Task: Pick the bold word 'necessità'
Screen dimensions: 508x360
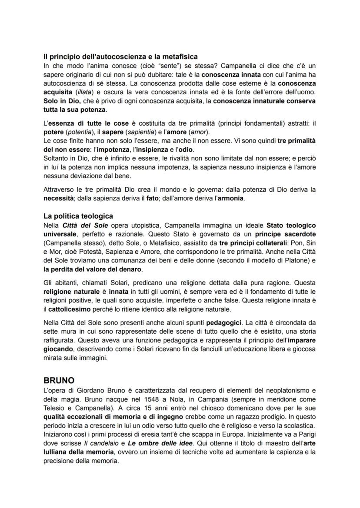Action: point(61,199)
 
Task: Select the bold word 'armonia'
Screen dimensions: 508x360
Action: point(230,199)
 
